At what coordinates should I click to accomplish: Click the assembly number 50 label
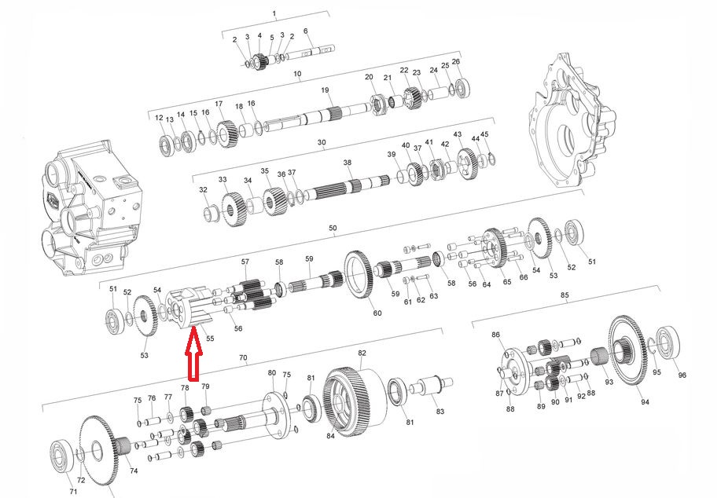333,229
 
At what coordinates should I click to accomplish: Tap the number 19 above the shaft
324,90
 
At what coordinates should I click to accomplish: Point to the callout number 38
347,163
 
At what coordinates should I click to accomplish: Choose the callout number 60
377,313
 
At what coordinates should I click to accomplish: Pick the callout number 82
362,353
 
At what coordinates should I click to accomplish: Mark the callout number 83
440,412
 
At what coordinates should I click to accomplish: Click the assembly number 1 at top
274,14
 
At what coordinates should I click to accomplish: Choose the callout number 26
455,61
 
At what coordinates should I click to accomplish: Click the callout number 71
73,491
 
